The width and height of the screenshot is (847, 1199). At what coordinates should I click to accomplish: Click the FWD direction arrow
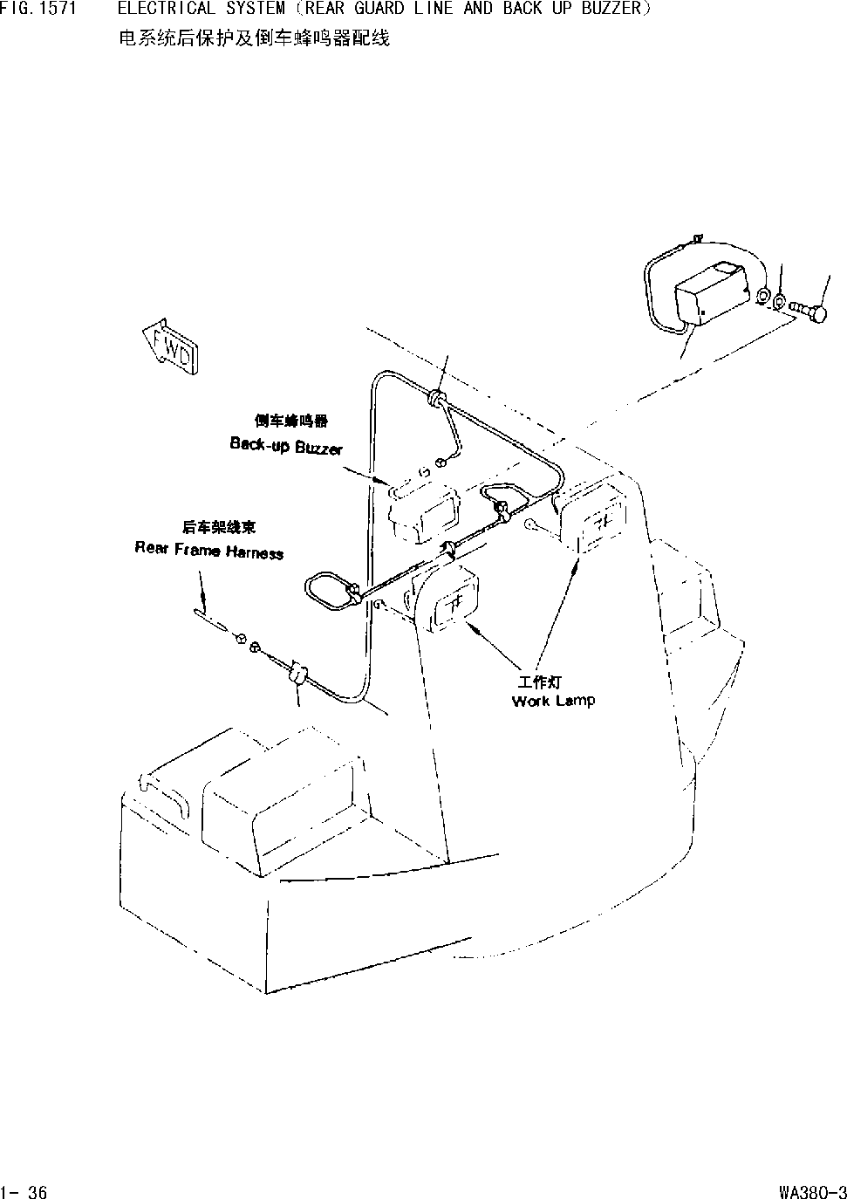pos(171,346)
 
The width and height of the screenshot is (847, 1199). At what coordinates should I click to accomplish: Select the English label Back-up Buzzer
pos(286,445)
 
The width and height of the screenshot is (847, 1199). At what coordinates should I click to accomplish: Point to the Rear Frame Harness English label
pos(208,551)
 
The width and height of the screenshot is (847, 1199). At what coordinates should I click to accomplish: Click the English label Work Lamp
pos(553,702)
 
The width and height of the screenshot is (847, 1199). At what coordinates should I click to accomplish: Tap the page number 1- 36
pos(24,1191)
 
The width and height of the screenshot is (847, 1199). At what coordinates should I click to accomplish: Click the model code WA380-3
pos(813,1191)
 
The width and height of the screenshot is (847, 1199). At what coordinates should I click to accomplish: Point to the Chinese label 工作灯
pos(539,682)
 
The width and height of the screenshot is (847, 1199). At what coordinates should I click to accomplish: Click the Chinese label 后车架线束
pos(219,527)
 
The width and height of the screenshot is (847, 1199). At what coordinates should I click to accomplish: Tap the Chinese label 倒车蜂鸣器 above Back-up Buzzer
pos(290,421)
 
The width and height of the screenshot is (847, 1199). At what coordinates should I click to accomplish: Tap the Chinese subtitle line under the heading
pos(254,38)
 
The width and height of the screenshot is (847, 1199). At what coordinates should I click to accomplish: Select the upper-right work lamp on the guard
pos(591,517)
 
